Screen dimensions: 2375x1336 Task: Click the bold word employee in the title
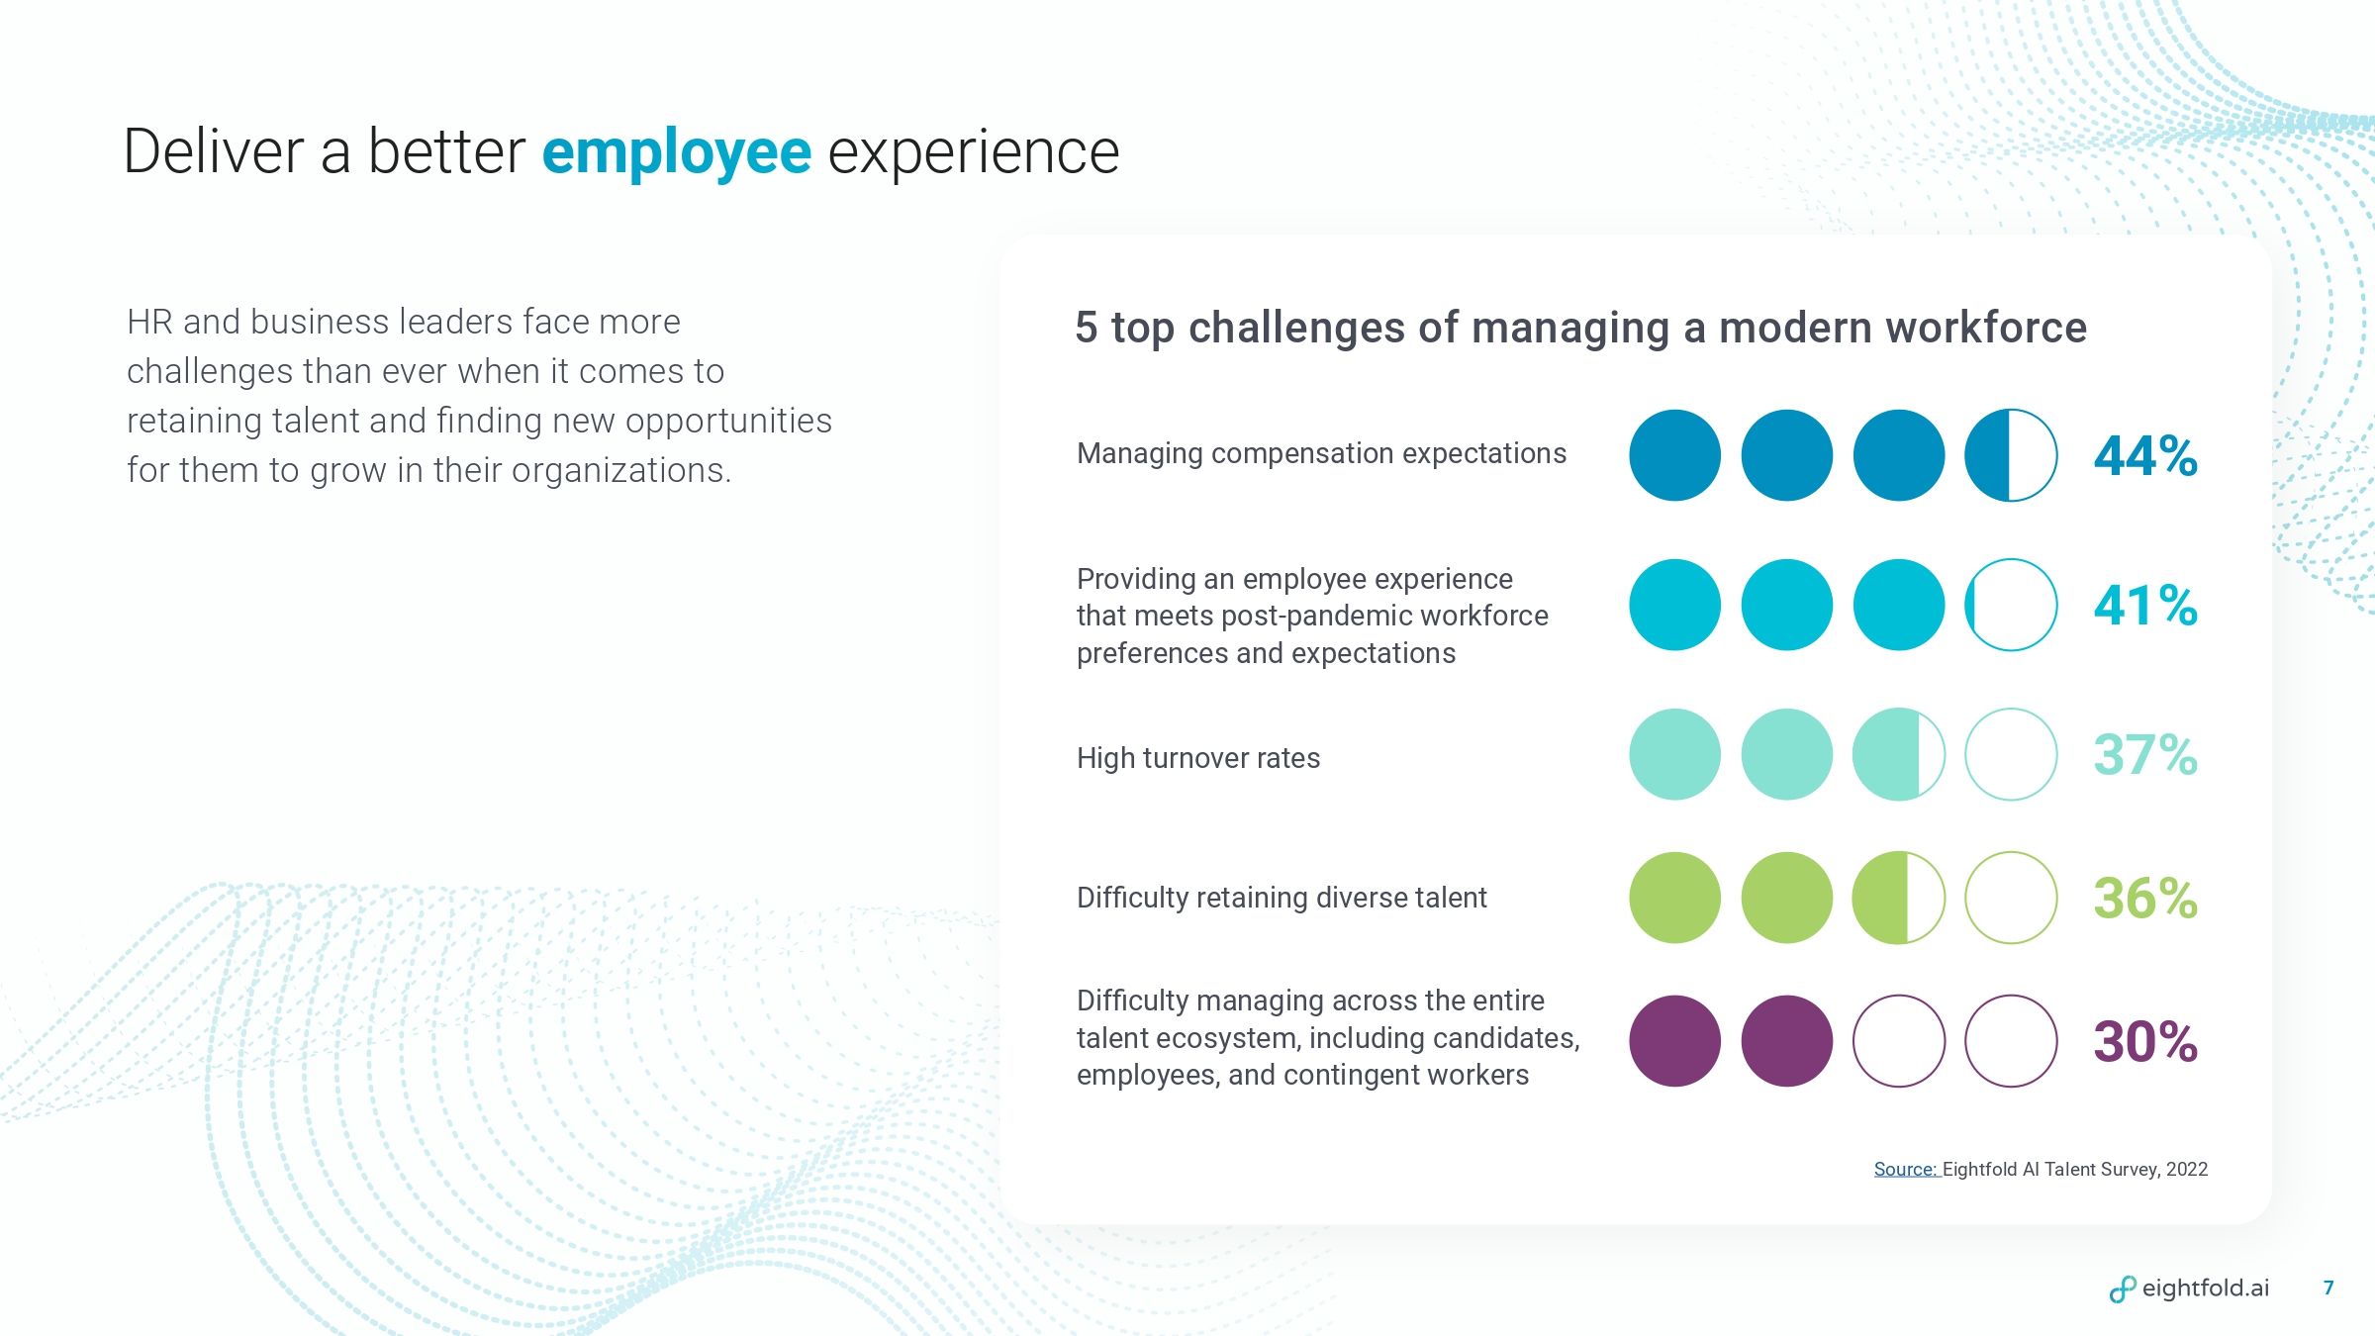[677, 154]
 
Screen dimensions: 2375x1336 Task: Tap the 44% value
[2145, 456]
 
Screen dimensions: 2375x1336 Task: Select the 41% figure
[2145, 606]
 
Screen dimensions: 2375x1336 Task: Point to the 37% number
[2145, 755]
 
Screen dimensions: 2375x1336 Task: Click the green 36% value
[2145, 899]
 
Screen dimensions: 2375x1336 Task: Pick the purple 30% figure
[2145, 1042]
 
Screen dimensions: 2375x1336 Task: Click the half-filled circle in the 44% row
[2011, 455]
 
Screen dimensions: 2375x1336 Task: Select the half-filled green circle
[1899, 898]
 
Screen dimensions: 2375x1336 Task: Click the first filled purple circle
[1675, 1041]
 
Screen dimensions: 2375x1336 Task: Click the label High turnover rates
[1198, 758]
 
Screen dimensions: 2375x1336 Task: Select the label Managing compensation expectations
[1321, 454]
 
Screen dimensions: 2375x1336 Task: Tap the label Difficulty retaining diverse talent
[1282, 898]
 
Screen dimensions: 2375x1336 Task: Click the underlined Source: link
[1906, 1170]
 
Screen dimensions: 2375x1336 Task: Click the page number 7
[2328, 1288]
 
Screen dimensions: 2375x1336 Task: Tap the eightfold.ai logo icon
[2123, 1288]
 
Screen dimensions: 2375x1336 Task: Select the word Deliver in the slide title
[214, 152]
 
